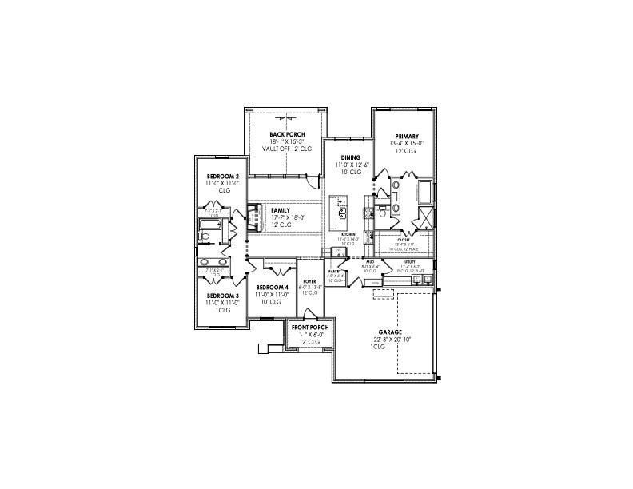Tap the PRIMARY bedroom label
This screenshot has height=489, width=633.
405,137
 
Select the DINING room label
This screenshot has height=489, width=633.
350,158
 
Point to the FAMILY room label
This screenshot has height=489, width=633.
281,210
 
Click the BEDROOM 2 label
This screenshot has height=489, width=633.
223,177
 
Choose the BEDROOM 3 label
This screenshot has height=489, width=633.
223,295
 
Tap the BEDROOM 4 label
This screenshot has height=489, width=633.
273,288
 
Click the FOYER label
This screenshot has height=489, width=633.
309,280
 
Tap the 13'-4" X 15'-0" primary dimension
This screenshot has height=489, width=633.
405,144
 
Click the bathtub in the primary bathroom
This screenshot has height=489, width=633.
424,192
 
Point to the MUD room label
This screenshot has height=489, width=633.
370,262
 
